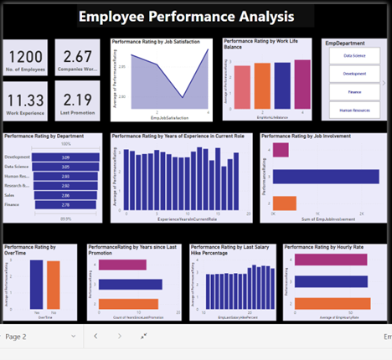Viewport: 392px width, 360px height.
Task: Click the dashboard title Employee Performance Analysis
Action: [x=186, y=17]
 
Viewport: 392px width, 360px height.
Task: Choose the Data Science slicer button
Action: [x=353, y=56]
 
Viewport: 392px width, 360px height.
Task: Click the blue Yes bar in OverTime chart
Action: [x=36, y=285]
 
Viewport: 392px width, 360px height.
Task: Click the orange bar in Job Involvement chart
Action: [x=284, y=203]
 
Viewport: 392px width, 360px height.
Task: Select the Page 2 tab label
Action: [x=17, y=337]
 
